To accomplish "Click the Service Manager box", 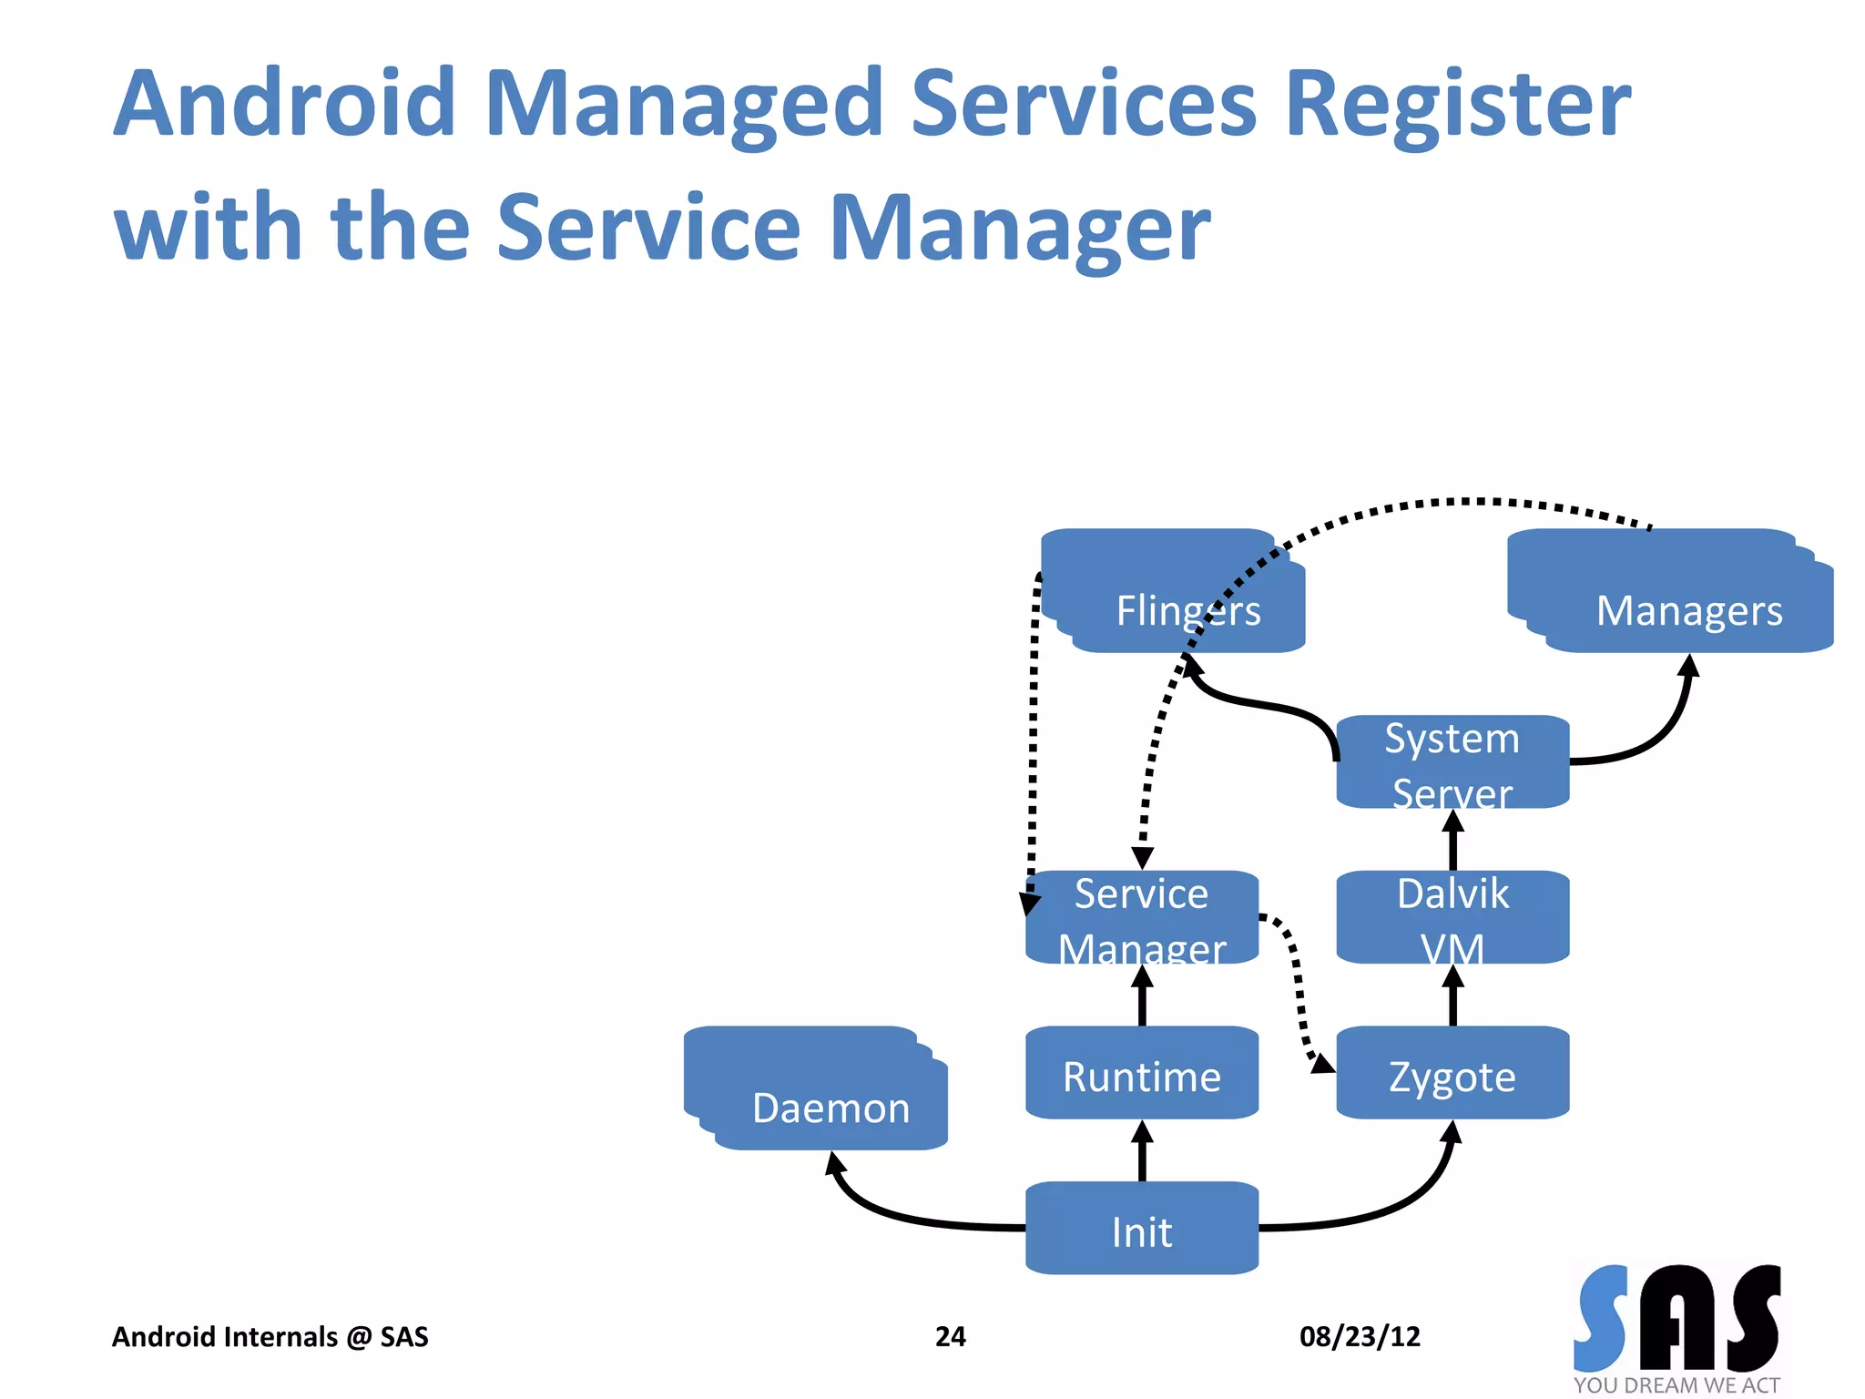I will coord(1142,917).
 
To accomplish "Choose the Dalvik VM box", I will coord(1452,917).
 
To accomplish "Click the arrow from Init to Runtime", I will coord(1142,1152).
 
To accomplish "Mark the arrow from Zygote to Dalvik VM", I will coord(1452,996).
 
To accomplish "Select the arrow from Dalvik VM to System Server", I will coord(1452,841).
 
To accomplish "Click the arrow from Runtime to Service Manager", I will coord(1142,996).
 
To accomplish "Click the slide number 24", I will coord(950,1336).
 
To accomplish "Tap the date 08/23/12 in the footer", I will coord(1360,1336).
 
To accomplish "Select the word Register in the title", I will coord(1457,105).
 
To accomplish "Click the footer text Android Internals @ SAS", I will coord(270,1336).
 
